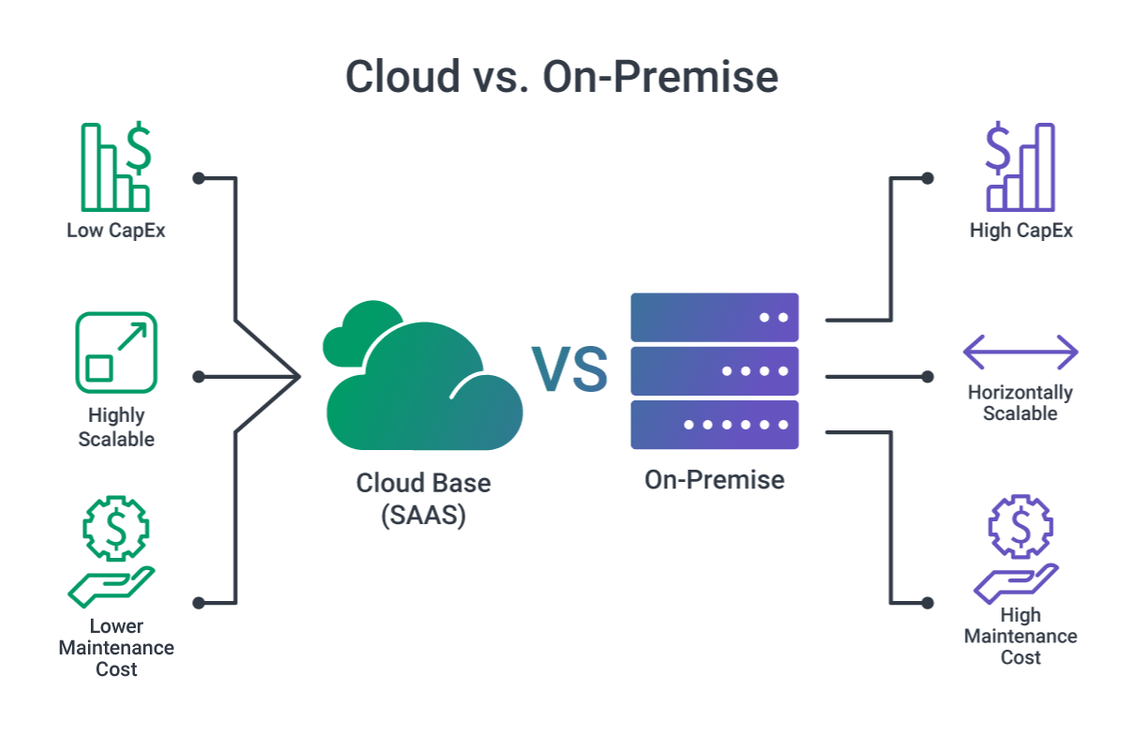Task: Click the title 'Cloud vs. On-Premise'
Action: [x=562, y=76]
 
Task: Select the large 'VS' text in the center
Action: [x=569, y=369]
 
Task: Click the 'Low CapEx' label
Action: [x=116, y=230]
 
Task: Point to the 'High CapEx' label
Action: [x=1021, y=230]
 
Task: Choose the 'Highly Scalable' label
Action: [x=116, y=427]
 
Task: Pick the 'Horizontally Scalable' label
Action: [x=1020, y=403]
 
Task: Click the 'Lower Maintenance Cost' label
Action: [x=116, y=648]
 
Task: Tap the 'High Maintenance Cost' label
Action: [x=1020, y=637]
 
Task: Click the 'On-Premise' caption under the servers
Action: [x=714, y=480]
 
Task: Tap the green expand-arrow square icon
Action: [x=116, y=353]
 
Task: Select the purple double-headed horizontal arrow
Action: [x=1020, y=353]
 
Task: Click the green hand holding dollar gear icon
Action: [x=112, y=553]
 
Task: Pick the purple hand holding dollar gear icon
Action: [x=1018, y=550]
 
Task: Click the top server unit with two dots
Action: [x=714, y=317]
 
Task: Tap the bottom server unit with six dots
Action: [x=714, y=425]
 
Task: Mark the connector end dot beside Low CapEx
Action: [x=198, y=177]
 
